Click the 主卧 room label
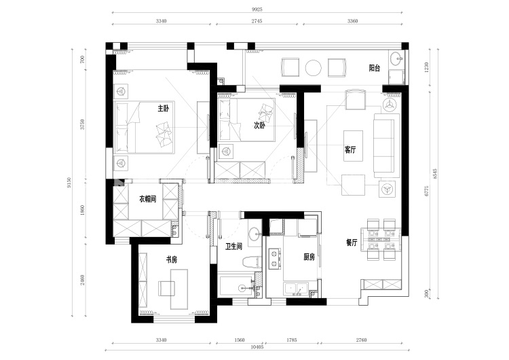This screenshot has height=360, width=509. pos(163,108)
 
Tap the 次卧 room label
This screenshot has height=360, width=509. pos(259,126)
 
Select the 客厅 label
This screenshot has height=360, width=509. pos(350,150)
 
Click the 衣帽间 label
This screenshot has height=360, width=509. pos(148,199)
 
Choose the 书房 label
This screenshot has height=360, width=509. pos(172,259)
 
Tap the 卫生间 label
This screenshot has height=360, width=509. pos(235,247)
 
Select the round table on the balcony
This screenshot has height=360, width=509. pos(314,67)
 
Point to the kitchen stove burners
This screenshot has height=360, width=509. pos(274,258)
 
